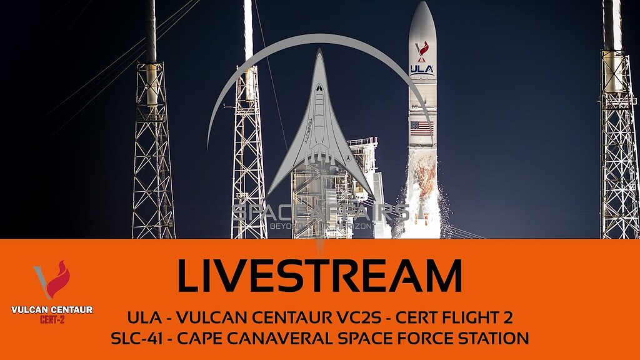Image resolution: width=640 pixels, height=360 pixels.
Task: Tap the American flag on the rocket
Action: (422, 128)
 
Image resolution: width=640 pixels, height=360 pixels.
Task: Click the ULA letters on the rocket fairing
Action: (422, 69)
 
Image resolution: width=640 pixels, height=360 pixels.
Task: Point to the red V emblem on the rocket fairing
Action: (422, 49)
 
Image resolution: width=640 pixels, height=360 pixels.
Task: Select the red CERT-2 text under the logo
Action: (52, 319)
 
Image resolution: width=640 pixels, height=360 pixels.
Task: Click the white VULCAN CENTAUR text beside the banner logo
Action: (52, 309)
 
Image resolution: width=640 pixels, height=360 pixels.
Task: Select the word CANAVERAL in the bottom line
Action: (294, 339)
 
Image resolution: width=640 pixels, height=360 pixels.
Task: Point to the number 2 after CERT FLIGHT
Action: (507, 317)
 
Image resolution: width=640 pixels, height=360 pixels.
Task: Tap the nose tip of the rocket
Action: (422, 3)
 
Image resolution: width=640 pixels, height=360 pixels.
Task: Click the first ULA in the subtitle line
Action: (142, 317)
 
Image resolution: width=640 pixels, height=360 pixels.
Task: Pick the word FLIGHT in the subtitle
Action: (473, 317)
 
